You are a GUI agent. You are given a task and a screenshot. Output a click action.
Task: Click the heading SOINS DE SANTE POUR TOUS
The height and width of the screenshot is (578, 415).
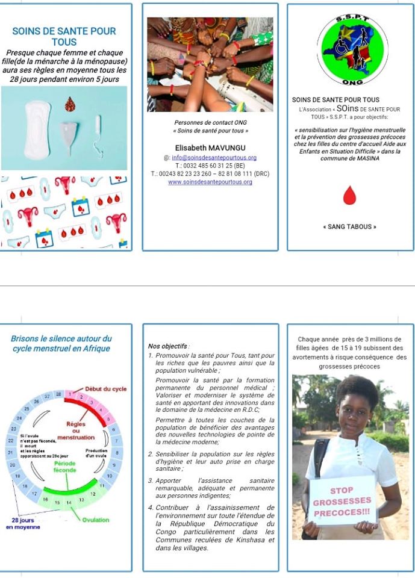[64, 36]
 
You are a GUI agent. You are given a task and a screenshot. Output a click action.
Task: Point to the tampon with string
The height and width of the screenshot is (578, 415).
[97, 132]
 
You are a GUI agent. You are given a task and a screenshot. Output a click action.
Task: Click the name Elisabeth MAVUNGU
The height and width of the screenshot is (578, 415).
[210, 148]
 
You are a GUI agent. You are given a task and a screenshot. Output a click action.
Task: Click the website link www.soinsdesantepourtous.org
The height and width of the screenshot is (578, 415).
[210, 182]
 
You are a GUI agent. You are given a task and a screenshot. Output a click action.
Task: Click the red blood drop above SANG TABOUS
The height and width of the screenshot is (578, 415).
[350, 195]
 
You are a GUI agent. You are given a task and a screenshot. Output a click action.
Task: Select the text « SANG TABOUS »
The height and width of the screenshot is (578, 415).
[350, 227]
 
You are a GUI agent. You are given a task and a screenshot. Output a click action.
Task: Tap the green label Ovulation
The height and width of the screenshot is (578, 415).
[95, 519]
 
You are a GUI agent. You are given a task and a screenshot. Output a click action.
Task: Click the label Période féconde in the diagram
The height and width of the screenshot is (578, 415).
[64, 467]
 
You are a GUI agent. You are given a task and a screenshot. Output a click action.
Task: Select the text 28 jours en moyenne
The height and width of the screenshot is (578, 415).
[23, 523]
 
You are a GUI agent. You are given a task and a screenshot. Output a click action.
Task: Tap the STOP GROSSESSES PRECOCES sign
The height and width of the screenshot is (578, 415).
[342, 501]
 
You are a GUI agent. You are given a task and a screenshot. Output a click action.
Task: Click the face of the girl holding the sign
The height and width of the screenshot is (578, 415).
[354, 412]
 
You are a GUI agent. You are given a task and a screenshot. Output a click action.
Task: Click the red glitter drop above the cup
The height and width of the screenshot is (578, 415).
[70, 104]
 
